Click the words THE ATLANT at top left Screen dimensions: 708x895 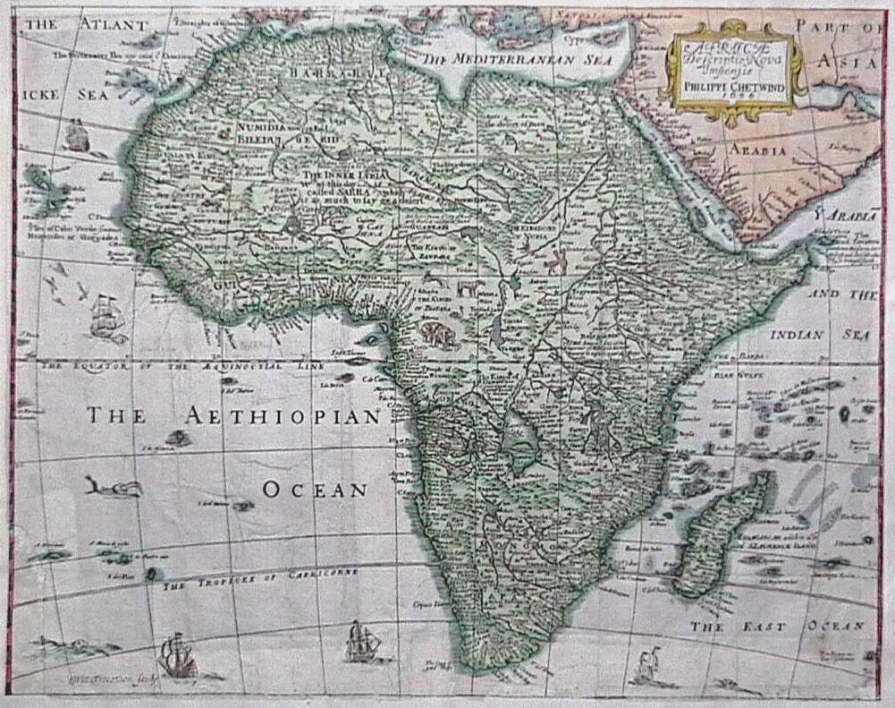pyautogui.click(x=85, y=25)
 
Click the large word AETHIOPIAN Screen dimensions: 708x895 pyautogui.click(x=283, y=416)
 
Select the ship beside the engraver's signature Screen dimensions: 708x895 pyautogui.click(x=179, y=655)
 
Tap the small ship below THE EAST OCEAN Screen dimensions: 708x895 pyautogui.click(x=646, y=667)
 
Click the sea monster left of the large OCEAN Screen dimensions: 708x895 pyautogui.click(x=114, y=487)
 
